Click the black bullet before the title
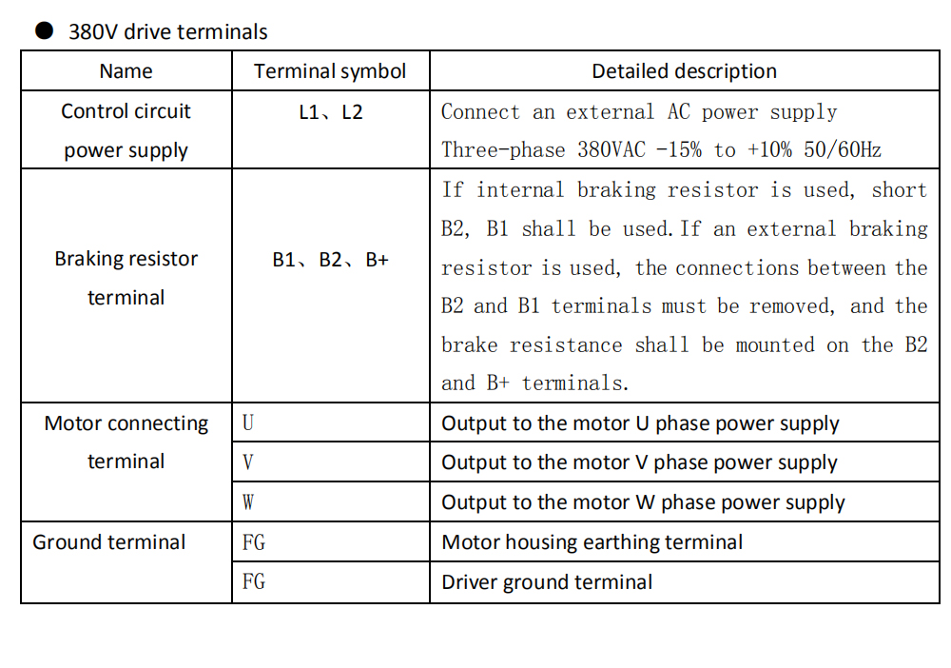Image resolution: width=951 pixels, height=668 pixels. pyautogui.click(x=45, y=30)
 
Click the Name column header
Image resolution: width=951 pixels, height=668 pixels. pyautogui.click(x=126, y=71)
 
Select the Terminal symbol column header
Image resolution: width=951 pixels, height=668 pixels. pyautogui.click(x=330, y=71)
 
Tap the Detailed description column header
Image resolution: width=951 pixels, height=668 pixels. pyautogui.click(x=684, y=71)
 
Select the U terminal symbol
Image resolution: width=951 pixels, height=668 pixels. pyautogui.click(x=248, y=422)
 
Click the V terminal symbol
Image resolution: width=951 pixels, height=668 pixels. pyautogui.click(x=248, y=462)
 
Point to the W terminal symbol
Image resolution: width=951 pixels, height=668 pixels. pyautogui.click(x=248, y=501)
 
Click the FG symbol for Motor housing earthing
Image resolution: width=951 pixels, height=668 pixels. pyautogui.click(x=254, y=541)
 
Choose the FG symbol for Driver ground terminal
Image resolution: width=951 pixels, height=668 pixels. pyautogui.click(x=254, y=581)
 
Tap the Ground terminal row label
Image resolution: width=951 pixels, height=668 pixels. pyautogui.click(x=109, y=541)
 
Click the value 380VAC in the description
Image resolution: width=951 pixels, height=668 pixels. pyautogui.click(x=611, y=149)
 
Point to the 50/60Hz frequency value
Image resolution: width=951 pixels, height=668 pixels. pyautogui.click(x=843, y=149)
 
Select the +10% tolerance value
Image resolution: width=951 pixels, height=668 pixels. pyautogui.click(x=770, y=149)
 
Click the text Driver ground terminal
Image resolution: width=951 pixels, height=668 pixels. pyautogui.click(x=547, y=582)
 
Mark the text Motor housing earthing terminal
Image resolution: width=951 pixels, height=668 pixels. pyautogui.click(x=592, y=542)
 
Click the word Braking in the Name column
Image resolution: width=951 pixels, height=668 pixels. pyautogui.click(x=90, y=259)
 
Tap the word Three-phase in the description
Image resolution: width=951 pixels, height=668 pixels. pyautogui.click(x=503, y=149)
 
